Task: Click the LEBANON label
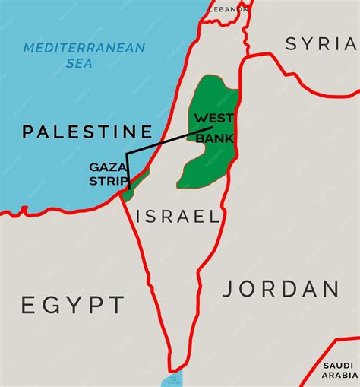pyautogui.click(x=229, y=8)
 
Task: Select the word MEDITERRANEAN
pyautogui.click(x=84, y=48)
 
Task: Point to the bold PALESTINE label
pyautogui.click(x=87, y=132)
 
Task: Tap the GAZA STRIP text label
pyautogui.click(x=107, y=173)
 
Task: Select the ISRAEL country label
pyautogui.click(x=178, y=217)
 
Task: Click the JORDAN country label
pyautogui.click(x=281, y=289)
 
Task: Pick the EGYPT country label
pyautogui.click(x=72, y=306)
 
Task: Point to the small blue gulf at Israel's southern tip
pyautogui.click(x=172, y=379)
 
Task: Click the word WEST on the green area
pyautogui.click(x=213, y=119)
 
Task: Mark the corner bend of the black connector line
pyautogui.click(x=127, y=153)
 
